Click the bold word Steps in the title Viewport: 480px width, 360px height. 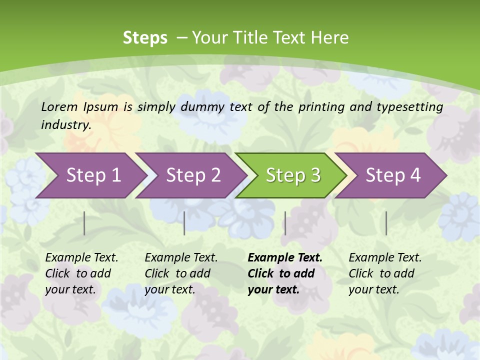[145, 37]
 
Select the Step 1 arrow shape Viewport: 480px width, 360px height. [90, 175]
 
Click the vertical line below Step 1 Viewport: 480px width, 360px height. [84, 223]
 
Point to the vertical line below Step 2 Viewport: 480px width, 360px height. [184, 223]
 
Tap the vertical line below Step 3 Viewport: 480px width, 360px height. [285, 223]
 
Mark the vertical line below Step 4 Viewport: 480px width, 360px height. [386, 223]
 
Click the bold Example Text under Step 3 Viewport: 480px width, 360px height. [285, 273]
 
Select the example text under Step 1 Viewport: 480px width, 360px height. [81, 273]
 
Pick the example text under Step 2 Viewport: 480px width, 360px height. [181, 273]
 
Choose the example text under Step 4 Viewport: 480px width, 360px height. [385, 273]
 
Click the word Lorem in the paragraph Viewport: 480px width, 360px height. [59, 106]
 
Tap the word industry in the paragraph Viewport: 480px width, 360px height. [66, 124]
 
